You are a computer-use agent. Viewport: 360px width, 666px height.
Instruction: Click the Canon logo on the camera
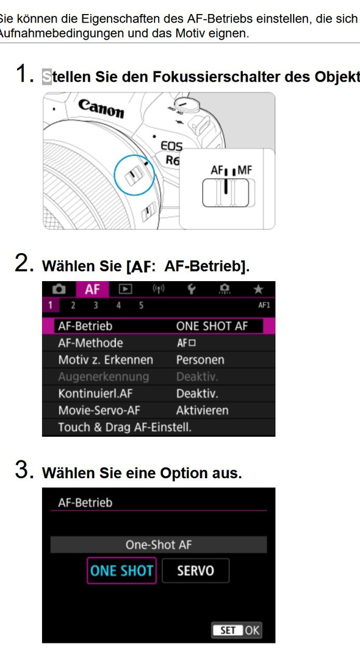pos(101,109)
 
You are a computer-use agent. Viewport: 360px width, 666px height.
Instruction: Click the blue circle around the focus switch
pos(134,174)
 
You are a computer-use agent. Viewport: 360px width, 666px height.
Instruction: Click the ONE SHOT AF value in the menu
pos(212,326)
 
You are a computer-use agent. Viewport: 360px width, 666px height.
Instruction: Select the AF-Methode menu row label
pos(90,343)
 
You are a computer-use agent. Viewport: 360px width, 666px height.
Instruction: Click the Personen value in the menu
pos(200,360)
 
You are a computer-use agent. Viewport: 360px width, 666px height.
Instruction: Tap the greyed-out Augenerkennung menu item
pos(103,377)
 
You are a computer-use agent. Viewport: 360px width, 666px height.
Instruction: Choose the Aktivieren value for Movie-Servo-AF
pos(202,410)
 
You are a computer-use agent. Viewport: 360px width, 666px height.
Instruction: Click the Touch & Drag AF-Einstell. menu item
pos(124,428)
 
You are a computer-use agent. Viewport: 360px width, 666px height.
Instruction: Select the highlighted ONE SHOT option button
pos(121,571)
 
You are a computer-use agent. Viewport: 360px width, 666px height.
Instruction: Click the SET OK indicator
pos(236,630)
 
